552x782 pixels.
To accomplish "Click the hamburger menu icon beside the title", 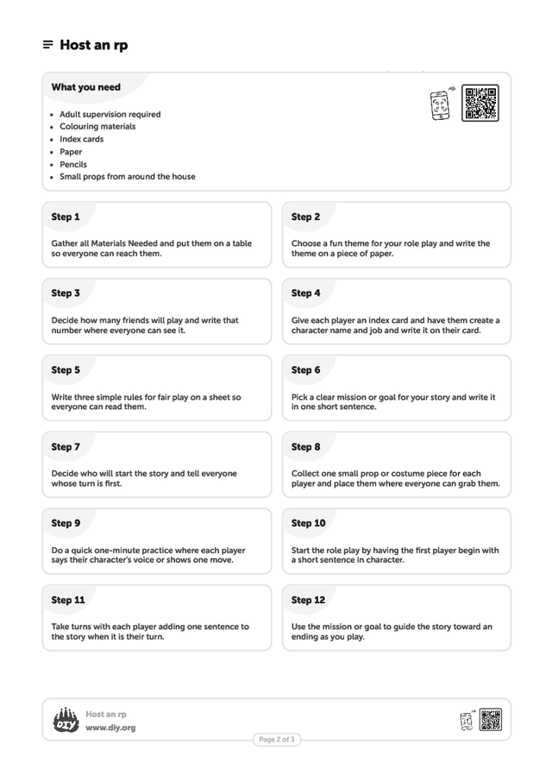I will click(x=47, y=45).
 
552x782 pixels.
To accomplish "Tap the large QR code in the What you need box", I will click(x=480, y=104).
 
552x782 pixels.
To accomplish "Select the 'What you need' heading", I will click(x=85, y=87).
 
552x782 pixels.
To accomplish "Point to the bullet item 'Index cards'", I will click(x=81, y=139).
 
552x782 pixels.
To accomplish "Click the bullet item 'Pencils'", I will click(x=73, y=164).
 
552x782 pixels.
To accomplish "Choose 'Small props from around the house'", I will click(x=127, y=177).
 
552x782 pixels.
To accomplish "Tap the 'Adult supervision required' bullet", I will click(x=110, y=114).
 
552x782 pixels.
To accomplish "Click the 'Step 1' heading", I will click(x=66, y=217).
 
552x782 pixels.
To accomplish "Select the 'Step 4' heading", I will click(x=305, y=293).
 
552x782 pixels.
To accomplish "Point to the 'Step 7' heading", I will click(x=66, y=447).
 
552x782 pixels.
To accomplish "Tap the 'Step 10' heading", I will click(x=308, y=523).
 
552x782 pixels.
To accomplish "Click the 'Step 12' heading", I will click(x=308, y=600).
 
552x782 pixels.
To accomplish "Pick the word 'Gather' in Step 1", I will click(x=66, y=243).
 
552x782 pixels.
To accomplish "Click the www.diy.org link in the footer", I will click(x=110, y=728).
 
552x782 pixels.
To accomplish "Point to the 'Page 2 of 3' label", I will click(x=277, y=740).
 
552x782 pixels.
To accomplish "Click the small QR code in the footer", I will click(x=491, y=720).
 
